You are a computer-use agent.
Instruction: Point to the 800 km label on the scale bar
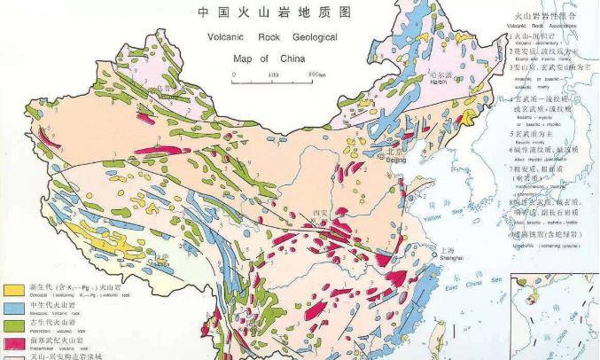pyautogui.click(x=310, y=75)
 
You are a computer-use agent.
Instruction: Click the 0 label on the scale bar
pyautogui.click(x=233, y=75)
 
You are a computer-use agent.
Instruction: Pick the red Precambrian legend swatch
pyautogui.click(x=14, y=342)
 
